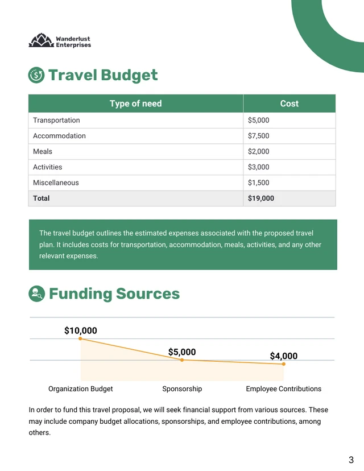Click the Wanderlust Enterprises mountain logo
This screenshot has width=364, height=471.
click(x=40, y=41)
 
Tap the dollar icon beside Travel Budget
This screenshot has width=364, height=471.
click(x=36, y=75)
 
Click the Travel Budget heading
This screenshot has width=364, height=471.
click(x=103, y=75)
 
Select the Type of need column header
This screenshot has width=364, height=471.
click(x=135, y=104)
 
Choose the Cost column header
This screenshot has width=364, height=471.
click(x=289, y=104)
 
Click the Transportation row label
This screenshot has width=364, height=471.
click(x=56, y=121)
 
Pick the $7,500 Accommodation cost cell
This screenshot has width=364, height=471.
click(x=259, y=136)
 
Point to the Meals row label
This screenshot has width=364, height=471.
click(x=43, y=152)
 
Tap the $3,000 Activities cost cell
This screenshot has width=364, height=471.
click(x=259, y=167)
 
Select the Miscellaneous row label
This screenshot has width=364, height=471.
click(x=56, y=183)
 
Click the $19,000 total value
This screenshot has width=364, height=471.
click(x=261, y=199)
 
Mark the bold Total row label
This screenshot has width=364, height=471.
click(x=42, y=199)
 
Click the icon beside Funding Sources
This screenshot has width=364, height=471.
click(x=36, y=294)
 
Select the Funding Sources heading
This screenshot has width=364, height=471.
click(x=114, y=294)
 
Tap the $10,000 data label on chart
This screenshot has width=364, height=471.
click(x=80, y=330)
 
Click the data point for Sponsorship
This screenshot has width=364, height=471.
click(x=182, y=360)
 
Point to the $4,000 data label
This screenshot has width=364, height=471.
click(x=283, y=356)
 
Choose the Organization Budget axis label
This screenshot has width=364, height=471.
click(x=80, y=389)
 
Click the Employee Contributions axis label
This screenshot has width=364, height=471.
click(x=283, y=389)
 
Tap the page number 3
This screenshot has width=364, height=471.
click(x=351, y=460)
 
